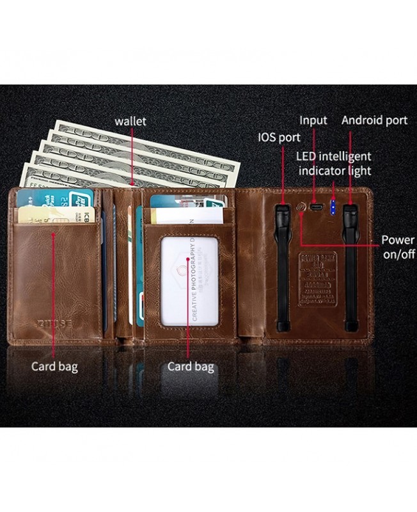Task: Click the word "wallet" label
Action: click(x=130, y=121)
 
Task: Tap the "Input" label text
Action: click(x=313, y=120)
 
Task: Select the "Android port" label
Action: click(x=374, y=120)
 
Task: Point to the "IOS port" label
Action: click(x=279, y=138)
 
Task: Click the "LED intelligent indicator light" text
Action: click(x=333, y=163)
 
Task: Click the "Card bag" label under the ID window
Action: click(x=191, y=367)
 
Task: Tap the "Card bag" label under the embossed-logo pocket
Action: click(x=54, y=367)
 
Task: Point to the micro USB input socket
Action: click(x=315, y=207)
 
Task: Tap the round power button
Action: click(x=301, y=207)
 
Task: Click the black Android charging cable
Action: click(x=350, y=266)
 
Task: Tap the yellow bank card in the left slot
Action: click(x=56, y=214)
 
